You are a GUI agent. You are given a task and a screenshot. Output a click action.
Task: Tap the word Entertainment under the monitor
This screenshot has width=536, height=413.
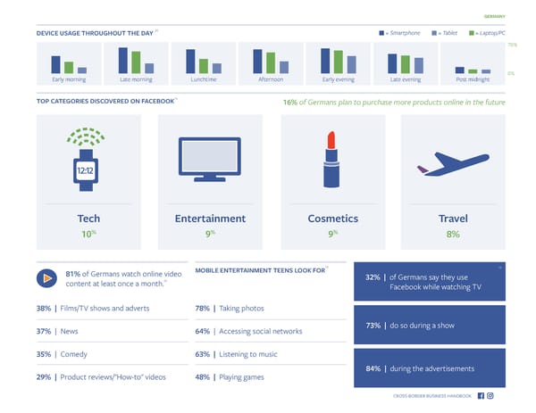click(x=210, y=218)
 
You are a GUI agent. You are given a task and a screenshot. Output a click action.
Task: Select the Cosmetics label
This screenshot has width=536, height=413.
click(x=332, y=218)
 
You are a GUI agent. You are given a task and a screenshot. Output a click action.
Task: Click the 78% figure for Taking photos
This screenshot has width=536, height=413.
click(x=202, y=308)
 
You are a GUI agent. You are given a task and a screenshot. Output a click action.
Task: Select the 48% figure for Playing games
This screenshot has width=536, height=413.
click(x=202, y=376)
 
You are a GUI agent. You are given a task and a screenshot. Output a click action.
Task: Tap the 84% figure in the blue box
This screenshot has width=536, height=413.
click(x=373, y=368)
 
